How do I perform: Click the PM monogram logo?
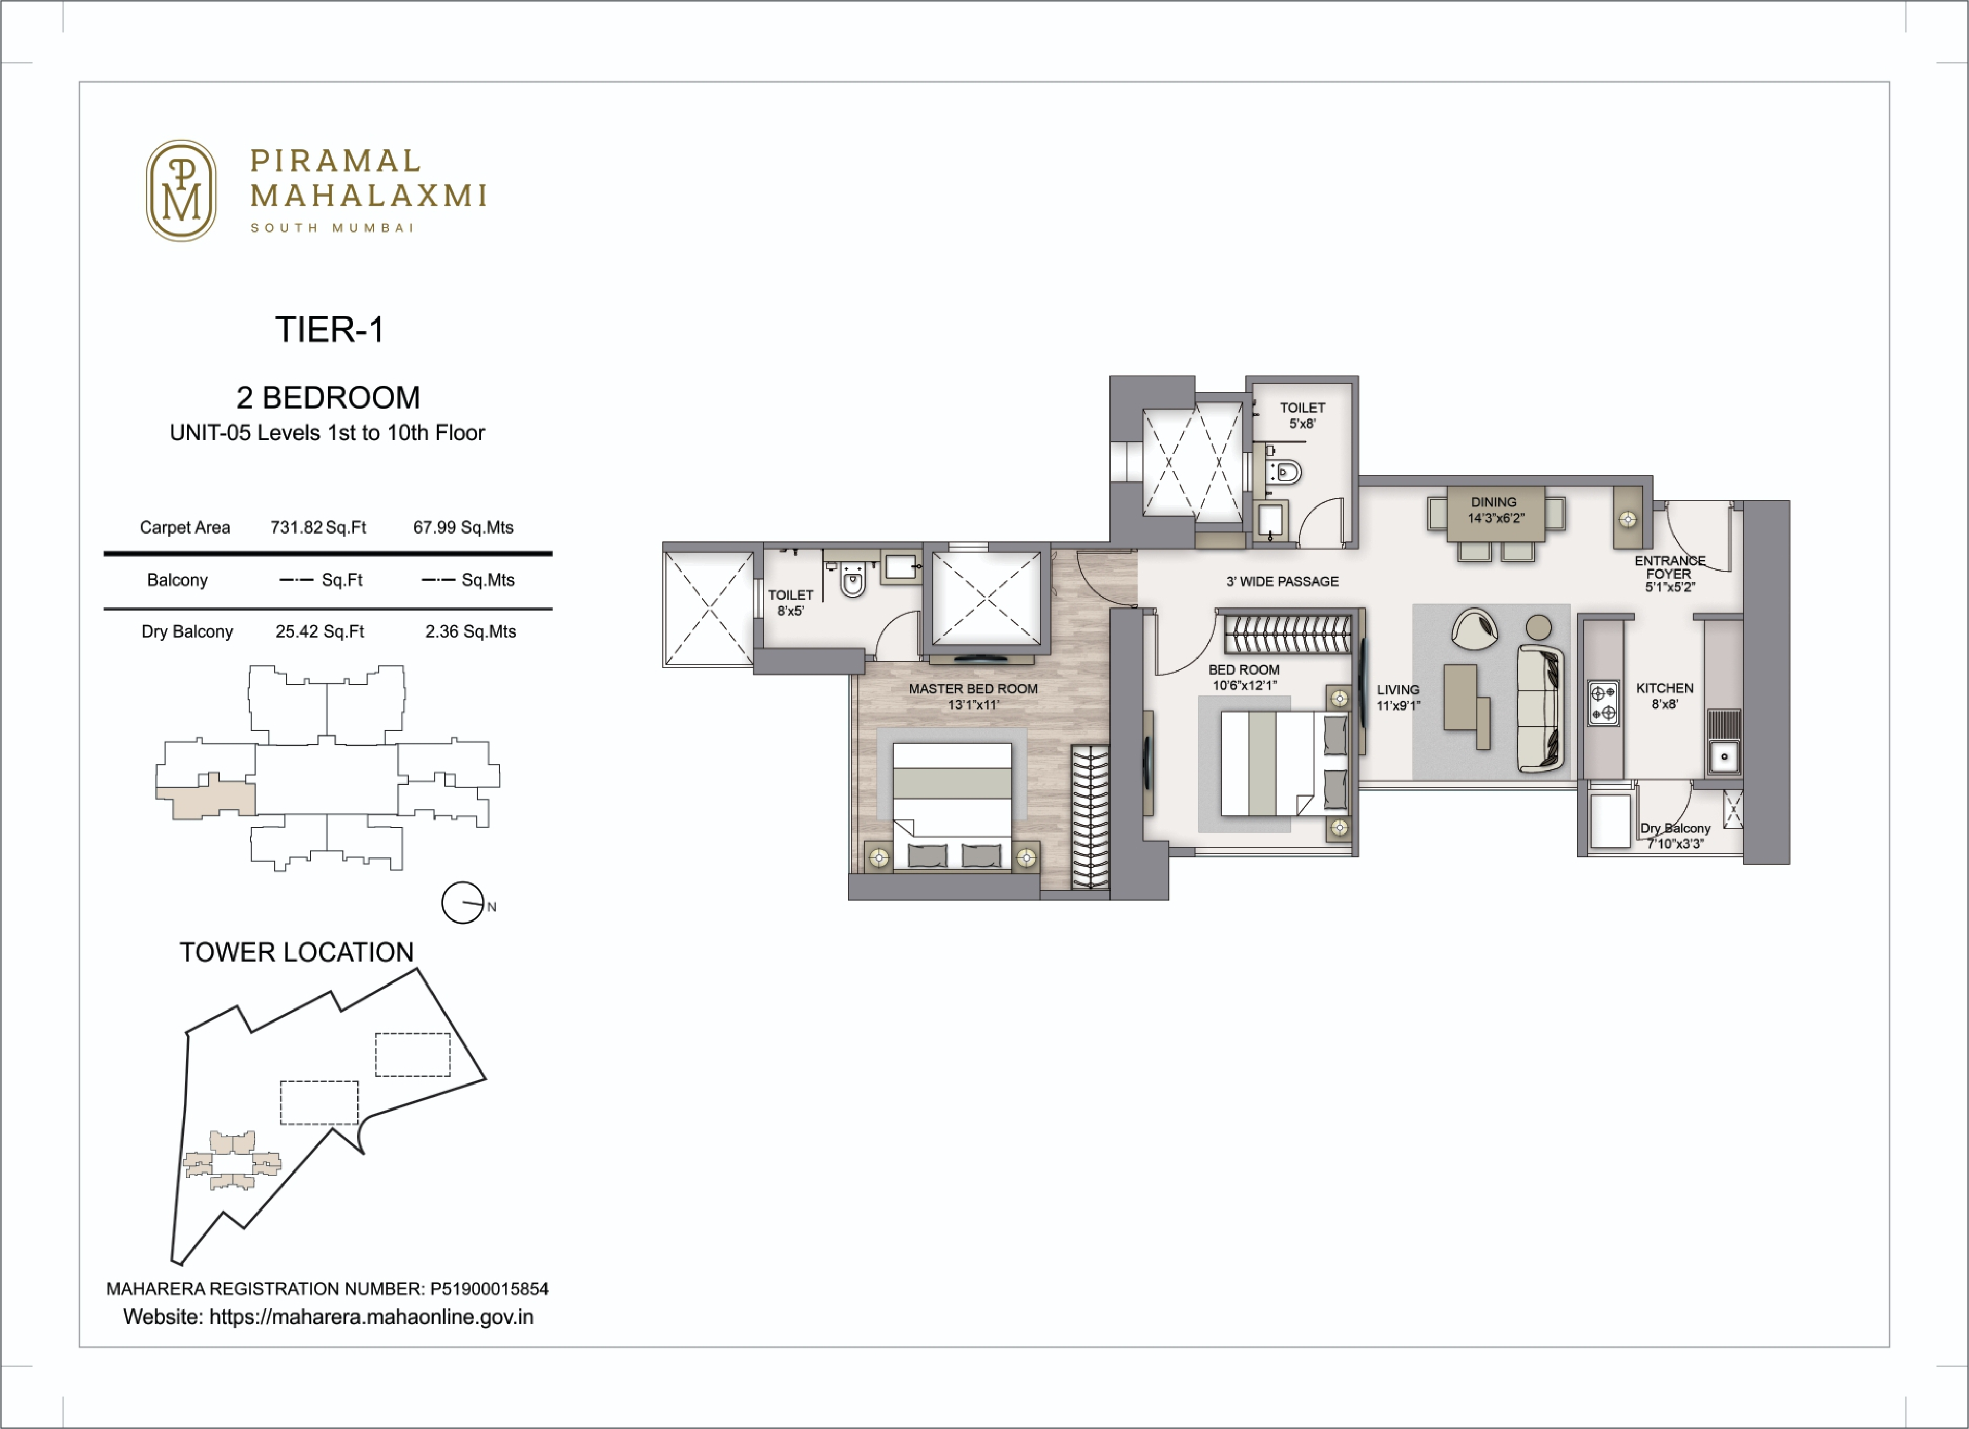click(x=181, y=190)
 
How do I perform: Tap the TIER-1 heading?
click(x=329, y=330)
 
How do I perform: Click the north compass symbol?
click(x=463, y=903)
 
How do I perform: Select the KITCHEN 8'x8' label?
click(x=1664, y=695)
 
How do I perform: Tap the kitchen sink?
click(x=1724, y=756)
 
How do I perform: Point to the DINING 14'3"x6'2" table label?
click(x=1495, y=510)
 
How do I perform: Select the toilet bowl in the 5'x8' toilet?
click(x=1287, y=473)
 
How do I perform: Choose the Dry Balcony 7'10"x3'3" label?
click(x=1675, y=835)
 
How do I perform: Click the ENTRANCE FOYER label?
click(x=1668, y=573)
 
